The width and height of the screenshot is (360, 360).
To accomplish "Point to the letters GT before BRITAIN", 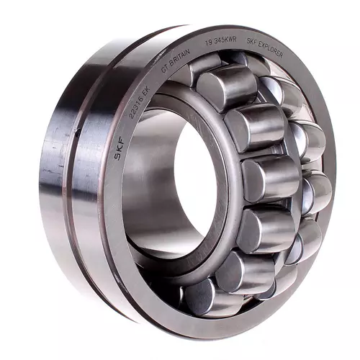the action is pyautogui.click(x=164, y=68).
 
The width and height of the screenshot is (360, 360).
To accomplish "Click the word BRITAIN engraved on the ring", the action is pyautogui.click(x=180, y=58).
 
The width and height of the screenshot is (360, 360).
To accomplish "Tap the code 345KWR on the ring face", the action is pyautogui.click(x=225, y=41).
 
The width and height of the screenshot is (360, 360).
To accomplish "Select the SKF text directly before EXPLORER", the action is pyautogui.click(x=252, y=42).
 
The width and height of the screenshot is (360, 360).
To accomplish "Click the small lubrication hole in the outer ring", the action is pyautogui.click(x=78, y=134).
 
